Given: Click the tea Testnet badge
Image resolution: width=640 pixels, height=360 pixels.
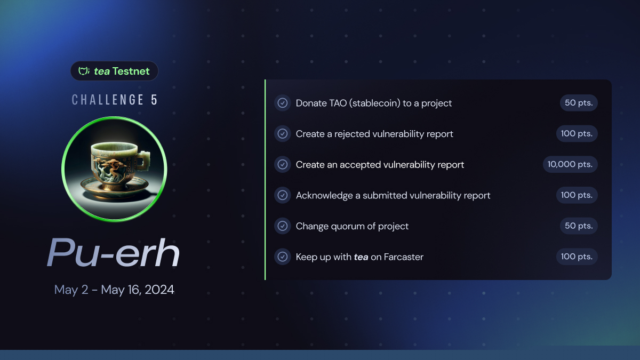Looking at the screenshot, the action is click(114, 71).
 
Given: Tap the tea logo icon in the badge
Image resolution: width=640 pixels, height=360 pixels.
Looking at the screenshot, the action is click(84, 71).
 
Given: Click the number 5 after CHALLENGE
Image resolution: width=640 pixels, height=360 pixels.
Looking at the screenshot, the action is click(154, 100).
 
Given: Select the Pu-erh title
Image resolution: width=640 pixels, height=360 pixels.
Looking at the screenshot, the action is click(114, 253).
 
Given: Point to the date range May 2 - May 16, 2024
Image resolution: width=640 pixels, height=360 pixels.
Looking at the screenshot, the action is click(114, 290).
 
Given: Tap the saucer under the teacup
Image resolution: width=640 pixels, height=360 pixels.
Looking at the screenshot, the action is click(114, 189).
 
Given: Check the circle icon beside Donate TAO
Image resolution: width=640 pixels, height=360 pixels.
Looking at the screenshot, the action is click(283, 103).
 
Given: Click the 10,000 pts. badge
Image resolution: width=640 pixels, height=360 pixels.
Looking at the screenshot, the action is click(570, 164).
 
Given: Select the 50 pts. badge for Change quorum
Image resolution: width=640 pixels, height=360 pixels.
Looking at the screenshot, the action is click(579, 226).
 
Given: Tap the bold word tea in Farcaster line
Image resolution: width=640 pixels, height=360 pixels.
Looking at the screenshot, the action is click(361, 257).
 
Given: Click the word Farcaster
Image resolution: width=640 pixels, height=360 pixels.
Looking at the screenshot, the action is click(403, 257).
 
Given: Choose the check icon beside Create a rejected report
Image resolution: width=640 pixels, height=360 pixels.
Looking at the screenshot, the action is click(283, 133).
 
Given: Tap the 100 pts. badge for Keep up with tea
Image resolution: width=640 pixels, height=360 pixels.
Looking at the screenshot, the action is click(577, 257).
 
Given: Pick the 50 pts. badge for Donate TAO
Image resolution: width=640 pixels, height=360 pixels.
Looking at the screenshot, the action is click(579, 103).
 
